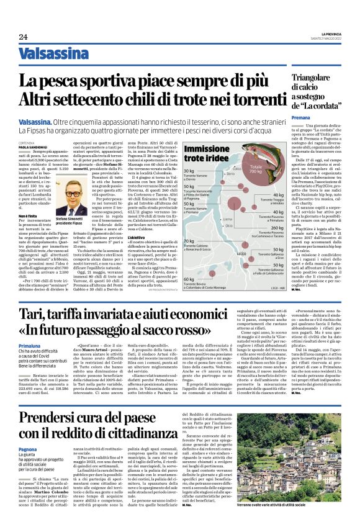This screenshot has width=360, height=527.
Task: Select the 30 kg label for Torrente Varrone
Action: (x=189, y=170)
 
